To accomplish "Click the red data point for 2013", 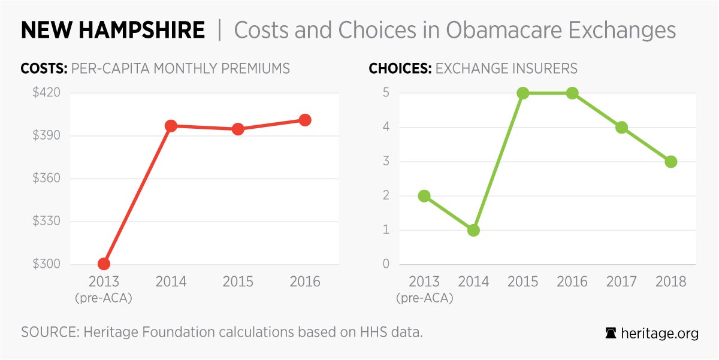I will point(104,264).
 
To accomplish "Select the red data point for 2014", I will point(171,126).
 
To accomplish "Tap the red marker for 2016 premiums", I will point(305,120).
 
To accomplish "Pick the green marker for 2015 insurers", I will point(522,93).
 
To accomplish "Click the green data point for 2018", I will point(670,162).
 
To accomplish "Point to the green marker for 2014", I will point(473,230).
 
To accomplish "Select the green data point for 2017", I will point(621,128).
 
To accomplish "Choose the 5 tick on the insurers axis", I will point(386,93).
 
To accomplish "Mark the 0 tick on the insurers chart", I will point(386,264).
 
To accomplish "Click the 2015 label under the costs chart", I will point(238,282).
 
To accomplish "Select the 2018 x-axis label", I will point(670,282).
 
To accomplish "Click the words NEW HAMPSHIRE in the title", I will point(113,30).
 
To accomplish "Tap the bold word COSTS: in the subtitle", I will point(44,68).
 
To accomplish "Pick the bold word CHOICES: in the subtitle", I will point(400,68).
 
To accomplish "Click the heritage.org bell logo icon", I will point(611,334).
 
